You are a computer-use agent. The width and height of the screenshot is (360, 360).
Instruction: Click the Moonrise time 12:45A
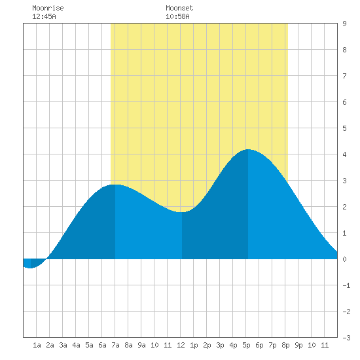point(44,16)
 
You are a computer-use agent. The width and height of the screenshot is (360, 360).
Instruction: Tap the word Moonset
point(179,8)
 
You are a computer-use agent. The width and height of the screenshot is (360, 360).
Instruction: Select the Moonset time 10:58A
point(177,16)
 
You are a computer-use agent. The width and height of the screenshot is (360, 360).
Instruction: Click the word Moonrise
point(48,8)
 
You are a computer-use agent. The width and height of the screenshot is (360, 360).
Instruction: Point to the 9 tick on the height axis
point(344,24)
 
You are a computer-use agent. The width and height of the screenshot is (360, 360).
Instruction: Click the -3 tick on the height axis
point(346,338)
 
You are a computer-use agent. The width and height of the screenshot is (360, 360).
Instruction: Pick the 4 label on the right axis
point(344,154)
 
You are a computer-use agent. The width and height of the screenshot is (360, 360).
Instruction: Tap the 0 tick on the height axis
point(344,259)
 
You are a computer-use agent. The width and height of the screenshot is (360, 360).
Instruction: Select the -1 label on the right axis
point(346,285)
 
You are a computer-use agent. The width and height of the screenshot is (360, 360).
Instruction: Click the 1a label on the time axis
point(37,345)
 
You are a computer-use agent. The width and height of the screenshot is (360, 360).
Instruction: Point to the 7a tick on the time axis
point(115,345)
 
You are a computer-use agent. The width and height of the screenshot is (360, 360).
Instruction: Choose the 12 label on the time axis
point(181,345)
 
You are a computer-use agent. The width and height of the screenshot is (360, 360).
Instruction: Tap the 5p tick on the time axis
point(246,345)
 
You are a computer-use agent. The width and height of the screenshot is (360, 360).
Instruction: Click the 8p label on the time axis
point(285,345)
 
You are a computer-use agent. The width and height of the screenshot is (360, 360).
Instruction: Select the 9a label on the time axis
point(141,345)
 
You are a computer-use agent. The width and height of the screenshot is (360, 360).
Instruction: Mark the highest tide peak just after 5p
point(248,149)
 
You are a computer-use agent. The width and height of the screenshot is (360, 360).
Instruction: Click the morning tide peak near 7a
point(115,185)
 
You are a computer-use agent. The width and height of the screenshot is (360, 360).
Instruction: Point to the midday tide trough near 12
point(182,212)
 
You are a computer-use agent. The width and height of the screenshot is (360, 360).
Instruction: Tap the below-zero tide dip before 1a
point(31,268)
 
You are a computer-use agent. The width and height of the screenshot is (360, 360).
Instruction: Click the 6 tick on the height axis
point(344,102)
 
